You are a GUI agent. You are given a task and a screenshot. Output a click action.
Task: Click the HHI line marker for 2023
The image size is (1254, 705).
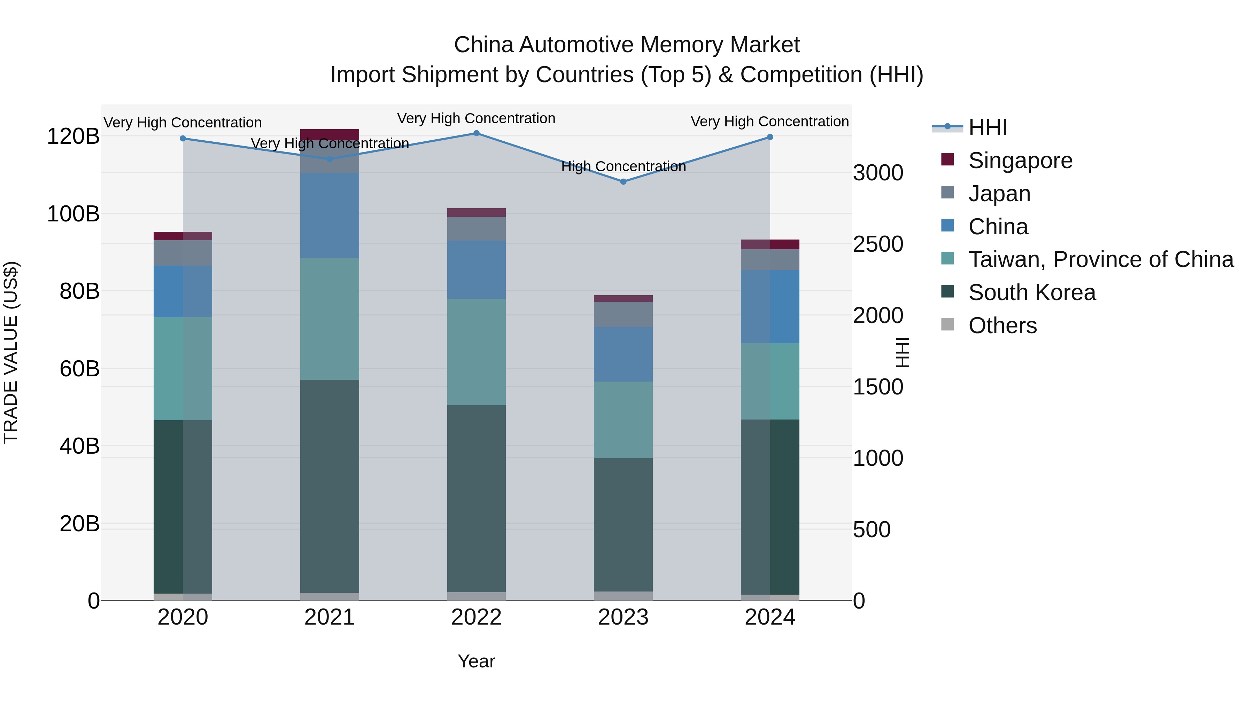(x=623, y=181)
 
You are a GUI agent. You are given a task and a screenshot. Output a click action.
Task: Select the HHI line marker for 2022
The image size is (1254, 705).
(x=476, y=133)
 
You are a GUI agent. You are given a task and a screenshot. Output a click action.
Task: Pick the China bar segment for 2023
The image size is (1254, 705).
(x=623, y=354)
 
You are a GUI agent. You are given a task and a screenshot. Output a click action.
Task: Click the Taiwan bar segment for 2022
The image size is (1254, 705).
(x=476, y=352)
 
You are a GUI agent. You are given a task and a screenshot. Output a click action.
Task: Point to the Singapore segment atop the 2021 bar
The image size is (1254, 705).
(x=330, y=135)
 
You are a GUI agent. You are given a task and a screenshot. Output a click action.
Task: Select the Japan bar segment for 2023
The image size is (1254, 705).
(x=623, y=314)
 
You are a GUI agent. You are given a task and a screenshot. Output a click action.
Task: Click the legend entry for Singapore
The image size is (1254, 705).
(x=1020, y=160)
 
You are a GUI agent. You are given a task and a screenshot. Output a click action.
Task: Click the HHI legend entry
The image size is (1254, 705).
(x=987, y=127)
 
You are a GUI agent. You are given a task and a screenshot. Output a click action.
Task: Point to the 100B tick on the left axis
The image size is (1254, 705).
(x=73, y=214)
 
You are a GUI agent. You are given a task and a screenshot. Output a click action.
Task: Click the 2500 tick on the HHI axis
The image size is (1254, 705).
(x=878, y=244)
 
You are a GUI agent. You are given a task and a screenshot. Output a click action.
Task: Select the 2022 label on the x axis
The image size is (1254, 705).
(x=476, y=617)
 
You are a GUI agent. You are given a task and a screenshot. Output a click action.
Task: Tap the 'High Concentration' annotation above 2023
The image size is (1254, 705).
(x=623, y=166)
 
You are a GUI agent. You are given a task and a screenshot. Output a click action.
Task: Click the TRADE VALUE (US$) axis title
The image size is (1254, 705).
(x=11, y=352)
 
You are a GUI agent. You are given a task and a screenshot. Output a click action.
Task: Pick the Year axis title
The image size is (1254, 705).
(x=476, y=661)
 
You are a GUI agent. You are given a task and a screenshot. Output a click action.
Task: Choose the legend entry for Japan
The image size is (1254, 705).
(x=999, y=194)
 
